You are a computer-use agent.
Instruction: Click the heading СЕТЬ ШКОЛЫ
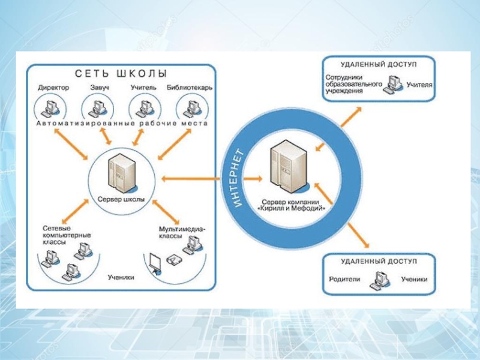pos(121,74)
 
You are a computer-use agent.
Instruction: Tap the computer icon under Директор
pos(49,109)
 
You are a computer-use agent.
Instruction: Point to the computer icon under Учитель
pos(143,109)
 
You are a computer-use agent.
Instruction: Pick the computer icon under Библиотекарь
pos(190,109)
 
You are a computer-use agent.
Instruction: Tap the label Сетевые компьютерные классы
pos(67,235)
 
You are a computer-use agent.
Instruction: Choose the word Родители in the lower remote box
pos(344,279)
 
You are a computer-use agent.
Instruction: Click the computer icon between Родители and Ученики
pos(380,280)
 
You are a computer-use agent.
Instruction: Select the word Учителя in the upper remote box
pos(419,85)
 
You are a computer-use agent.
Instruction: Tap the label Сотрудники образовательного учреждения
pos(353,85)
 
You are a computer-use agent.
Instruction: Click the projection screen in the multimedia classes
pos(154,262)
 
